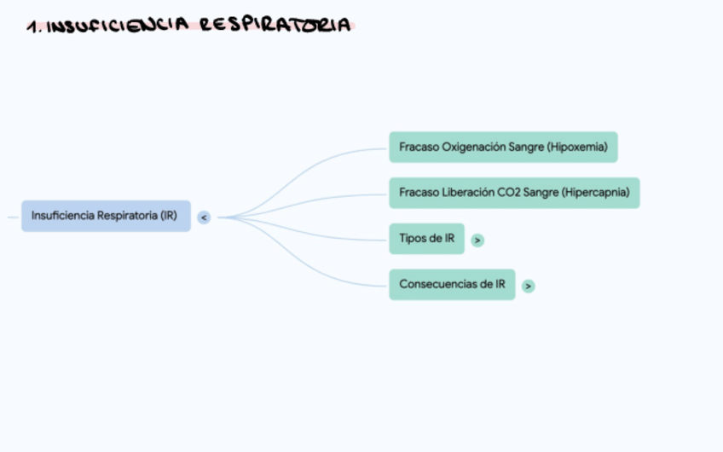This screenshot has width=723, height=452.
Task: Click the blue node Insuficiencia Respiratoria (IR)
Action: [x=105, y=216]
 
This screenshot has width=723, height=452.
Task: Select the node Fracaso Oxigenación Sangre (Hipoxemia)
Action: [x=503, y=147]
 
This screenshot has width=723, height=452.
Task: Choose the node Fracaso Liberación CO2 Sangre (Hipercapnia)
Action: [x=514, y=193]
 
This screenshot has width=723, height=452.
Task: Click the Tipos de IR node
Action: [x=426, y=239]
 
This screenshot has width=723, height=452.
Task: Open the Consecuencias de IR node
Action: [x=452, y=284]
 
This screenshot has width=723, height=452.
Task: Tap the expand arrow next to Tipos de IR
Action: [x=477, y=240]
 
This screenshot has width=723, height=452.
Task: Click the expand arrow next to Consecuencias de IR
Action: [x=529, y=286]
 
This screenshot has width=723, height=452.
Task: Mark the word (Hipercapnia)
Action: [x=596, y=193]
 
